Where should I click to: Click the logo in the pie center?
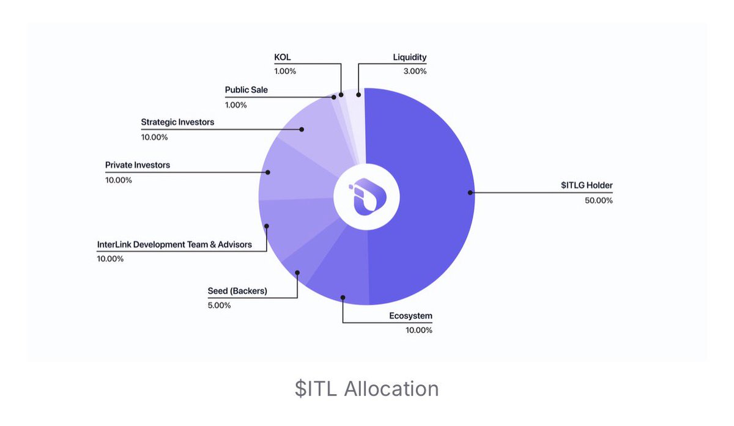[x=368, y=197]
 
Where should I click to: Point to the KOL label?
[x=283, y=57]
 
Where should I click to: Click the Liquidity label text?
[x=410, y=57]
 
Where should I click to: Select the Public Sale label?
[x=246, y=90]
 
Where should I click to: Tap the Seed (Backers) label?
[x=237, y=291]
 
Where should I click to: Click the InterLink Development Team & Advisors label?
[x=174, y=244]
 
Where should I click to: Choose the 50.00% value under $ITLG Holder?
[x=599, y=200]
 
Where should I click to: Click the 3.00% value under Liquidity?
[x=415, y=72]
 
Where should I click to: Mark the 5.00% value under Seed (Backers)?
[x=219, y=306]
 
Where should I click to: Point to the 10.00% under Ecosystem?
[x=419, y=330]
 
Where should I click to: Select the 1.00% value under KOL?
[x=285, y=72]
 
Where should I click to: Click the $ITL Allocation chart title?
[x=366, y=389]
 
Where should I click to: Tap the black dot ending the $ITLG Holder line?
[x=470, y=193]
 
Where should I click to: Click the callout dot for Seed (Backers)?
[x=297, y=273]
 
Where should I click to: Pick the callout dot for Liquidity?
[x=358, y=95]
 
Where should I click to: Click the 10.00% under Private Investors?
[x=119, y=180]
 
